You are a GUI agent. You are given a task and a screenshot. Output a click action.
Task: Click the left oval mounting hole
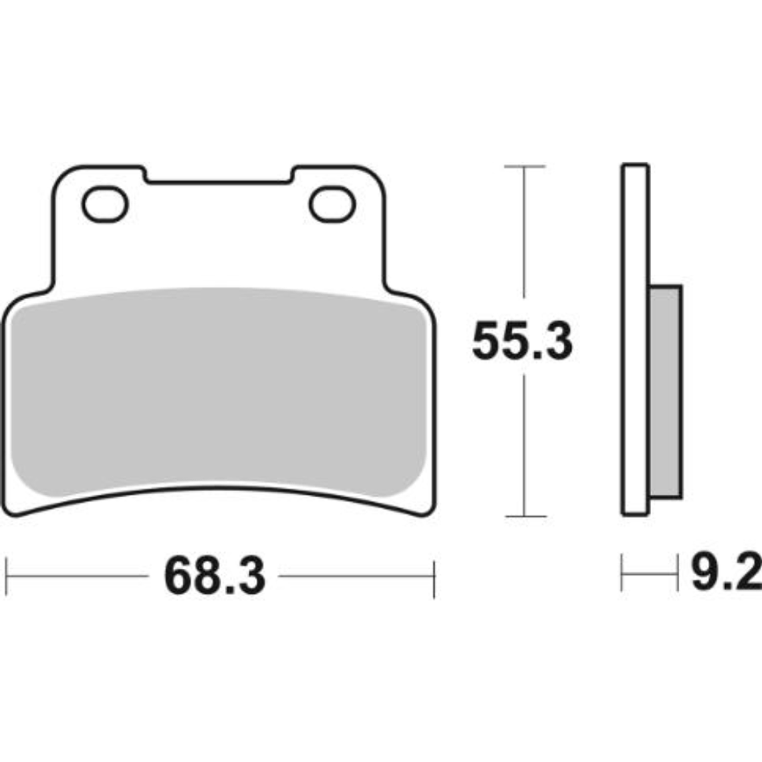[104, 204]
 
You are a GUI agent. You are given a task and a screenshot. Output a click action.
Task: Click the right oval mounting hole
[332, 204]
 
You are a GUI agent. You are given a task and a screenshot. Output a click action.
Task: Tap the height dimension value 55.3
[522, 341]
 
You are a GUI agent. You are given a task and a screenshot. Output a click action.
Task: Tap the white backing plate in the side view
[635, 341]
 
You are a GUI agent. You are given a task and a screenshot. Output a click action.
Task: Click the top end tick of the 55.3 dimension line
[525, 165]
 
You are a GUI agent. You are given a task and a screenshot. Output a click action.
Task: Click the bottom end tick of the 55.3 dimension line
[525, 516]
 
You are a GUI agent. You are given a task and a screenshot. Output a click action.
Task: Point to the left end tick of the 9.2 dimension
[622, 573]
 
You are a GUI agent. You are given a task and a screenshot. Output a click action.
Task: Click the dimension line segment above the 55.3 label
[525, 234]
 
